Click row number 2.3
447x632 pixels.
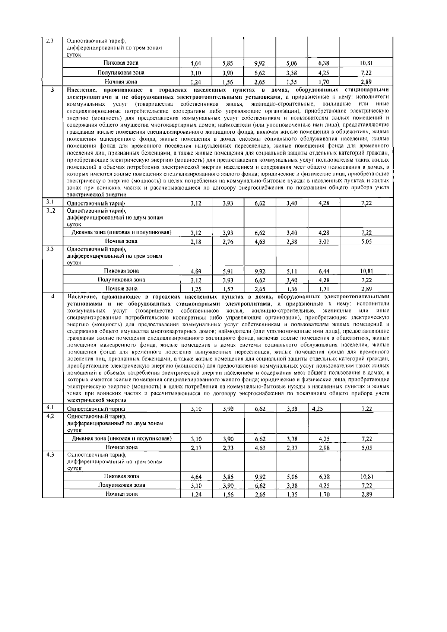(50, 41)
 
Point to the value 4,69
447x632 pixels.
(196, 271)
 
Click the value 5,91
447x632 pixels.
(228, 271)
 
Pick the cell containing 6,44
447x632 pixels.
(324, 271)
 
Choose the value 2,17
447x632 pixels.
(196, 448)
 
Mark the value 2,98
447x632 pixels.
(324, 448)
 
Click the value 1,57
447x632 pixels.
(228, 289)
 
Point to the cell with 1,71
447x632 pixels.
(324, 289)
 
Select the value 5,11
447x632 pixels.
(292, 271)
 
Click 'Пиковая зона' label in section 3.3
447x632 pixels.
(121, 271)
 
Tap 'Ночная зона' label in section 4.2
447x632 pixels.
(121, 447)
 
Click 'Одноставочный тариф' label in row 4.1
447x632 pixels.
(96, 409)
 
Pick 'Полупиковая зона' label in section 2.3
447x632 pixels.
(121, 73)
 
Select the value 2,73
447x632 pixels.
(228, 448)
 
